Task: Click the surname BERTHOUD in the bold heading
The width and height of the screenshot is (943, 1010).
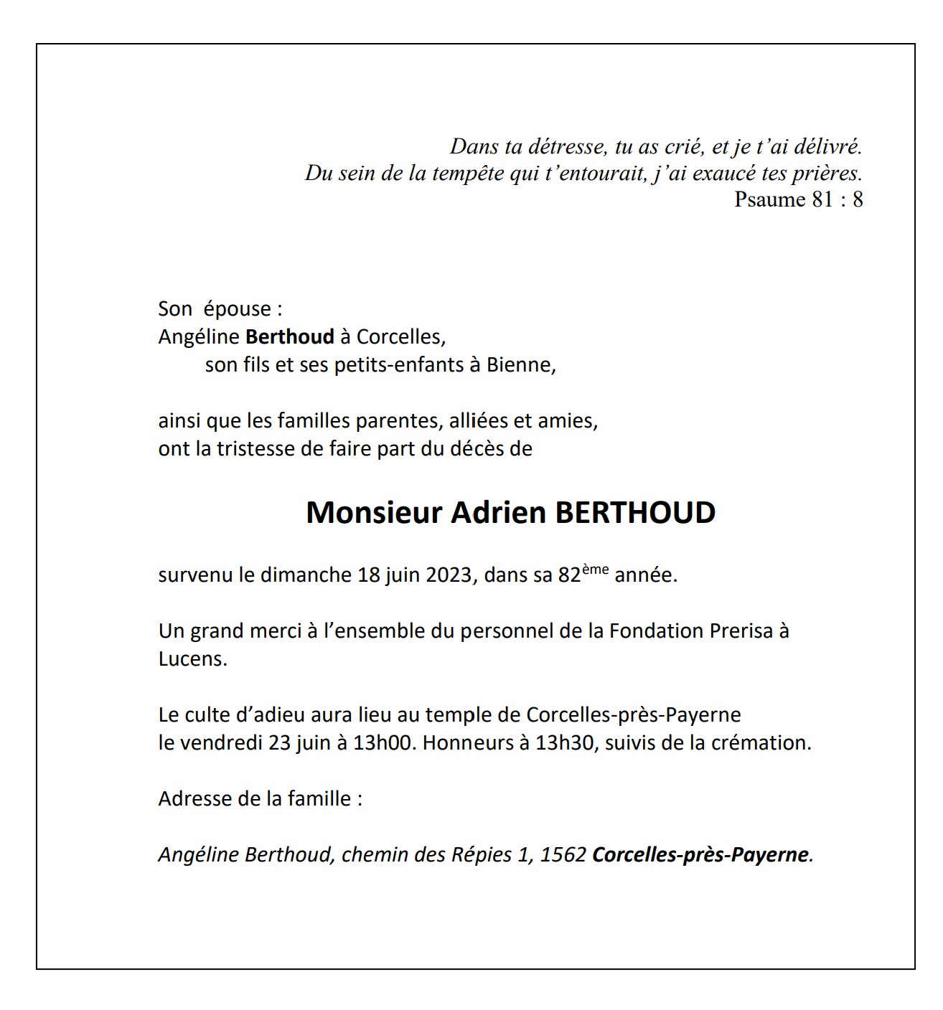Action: pyautogui.click(x=635, y=513)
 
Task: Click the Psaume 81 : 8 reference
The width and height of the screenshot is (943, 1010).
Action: pyautogui.click(x=798, y=199)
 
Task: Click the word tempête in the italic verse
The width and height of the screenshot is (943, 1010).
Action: pyautogui.click(x=468, y=173)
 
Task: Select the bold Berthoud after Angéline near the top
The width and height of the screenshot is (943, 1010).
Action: pyautogui.click(x=290, y=336)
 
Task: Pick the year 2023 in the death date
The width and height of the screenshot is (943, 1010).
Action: pyautogui.click(x=449, y=575)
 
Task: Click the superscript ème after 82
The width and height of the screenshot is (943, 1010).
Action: pyautogui.click(x=595, y=570)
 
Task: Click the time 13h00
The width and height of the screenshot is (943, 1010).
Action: pyautogui.click(x=384, y=742)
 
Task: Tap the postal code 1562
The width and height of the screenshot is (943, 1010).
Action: pyautogui.click(x=563, y=855)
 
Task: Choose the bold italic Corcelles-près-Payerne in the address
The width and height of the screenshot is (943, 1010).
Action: pyautogui.click(x=700, y=855)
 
